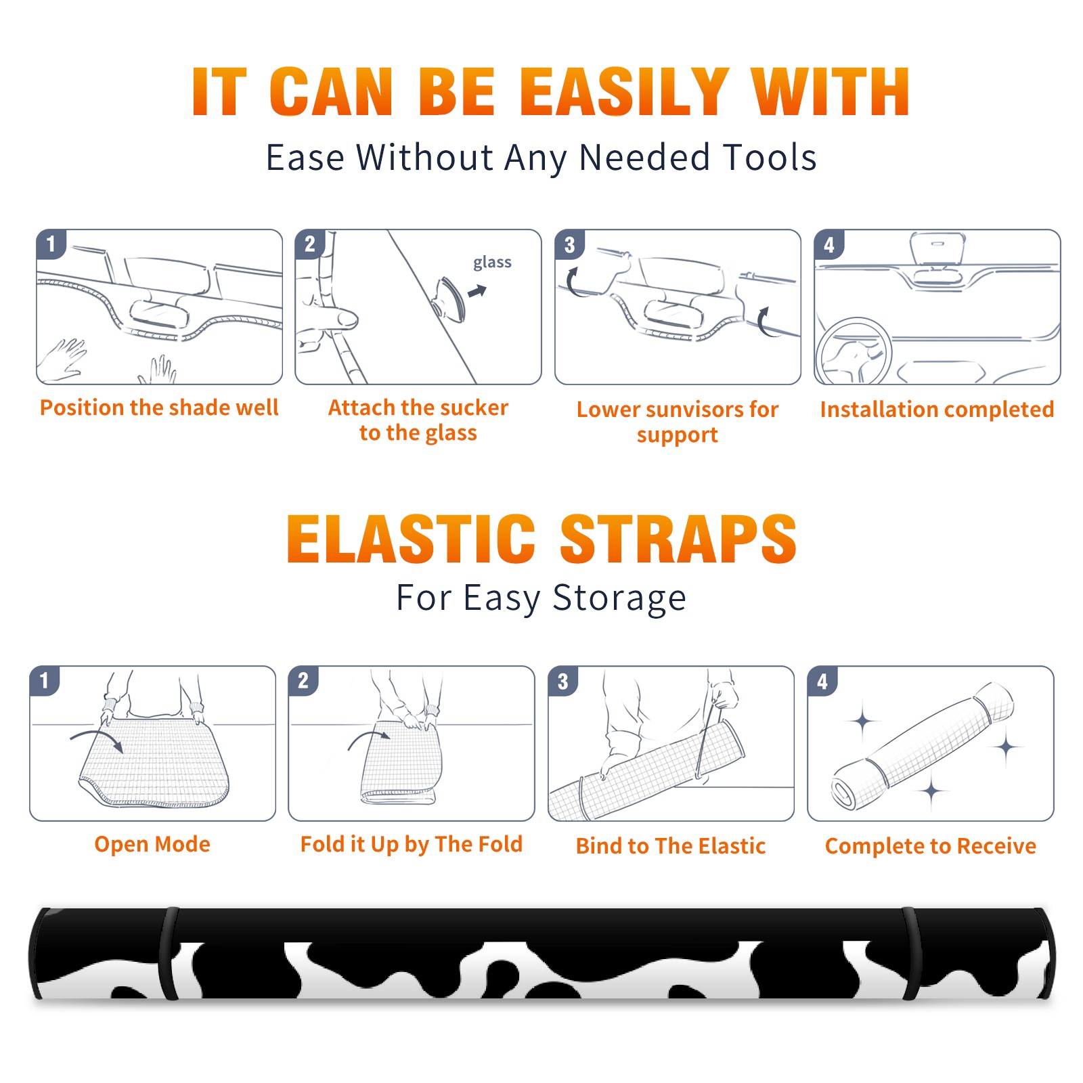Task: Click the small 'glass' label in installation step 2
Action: point(492,263)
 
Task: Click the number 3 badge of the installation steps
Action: point(569,244)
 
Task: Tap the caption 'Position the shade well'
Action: point(159,407)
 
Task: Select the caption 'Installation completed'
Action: point(937,410)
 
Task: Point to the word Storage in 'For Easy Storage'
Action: point(619,599)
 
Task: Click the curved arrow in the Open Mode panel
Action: point(97,738)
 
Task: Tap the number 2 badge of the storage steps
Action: point(303,680)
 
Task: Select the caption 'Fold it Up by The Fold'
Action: point(412,844)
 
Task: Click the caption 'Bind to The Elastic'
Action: point(671,846)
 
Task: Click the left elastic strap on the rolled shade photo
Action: point(169,953)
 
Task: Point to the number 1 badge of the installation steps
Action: point(51,244)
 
